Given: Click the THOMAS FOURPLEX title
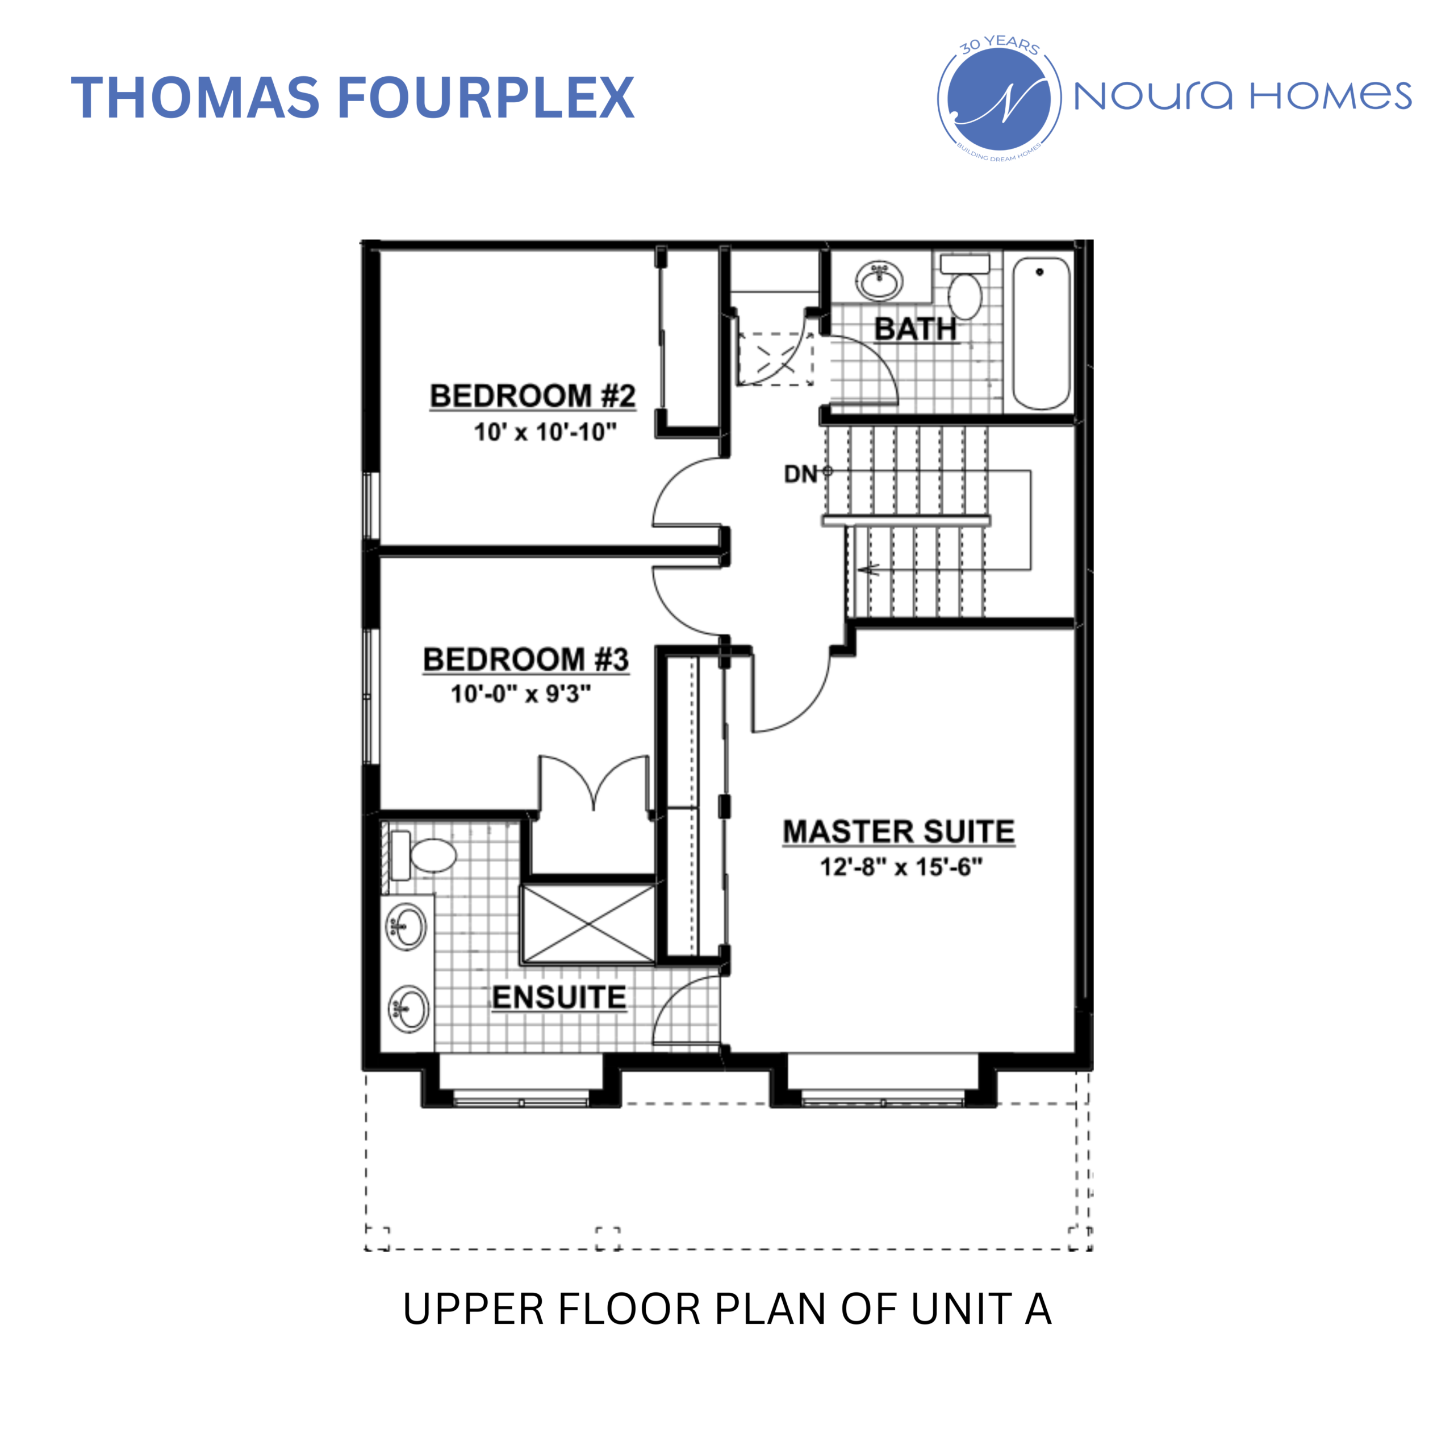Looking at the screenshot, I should coord(352,98).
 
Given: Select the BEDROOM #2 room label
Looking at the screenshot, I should coord(532,396).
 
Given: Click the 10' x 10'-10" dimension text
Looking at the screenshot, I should coord(545,432).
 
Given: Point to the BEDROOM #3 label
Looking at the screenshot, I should coord(525,659).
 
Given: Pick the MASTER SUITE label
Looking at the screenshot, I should coord(899,832).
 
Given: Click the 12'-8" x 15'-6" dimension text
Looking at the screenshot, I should coord(901,867).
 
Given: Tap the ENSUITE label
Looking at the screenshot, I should coord(558,997).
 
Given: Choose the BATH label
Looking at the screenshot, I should coord(915,329).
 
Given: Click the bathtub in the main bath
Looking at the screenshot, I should coord(1041,333).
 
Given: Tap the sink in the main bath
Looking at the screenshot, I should coord(879,282).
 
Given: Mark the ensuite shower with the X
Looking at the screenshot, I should coord(588,924).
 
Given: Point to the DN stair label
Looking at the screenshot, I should coord(801,474).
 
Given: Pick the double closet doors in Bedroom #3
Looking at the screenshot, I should coord(594,783).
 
